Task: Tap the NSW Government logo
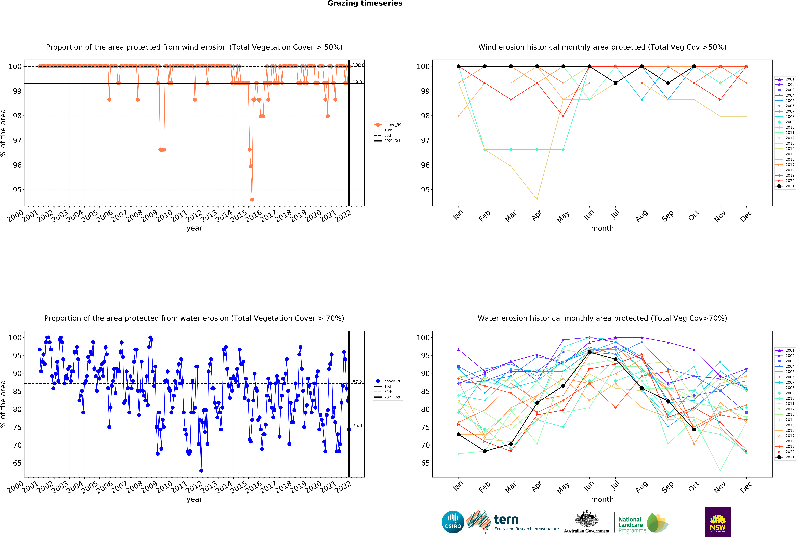(x=718, y=522)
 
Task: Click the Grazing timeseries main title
(x=365, y=3)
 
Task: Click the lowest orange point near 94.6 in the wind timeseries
(x=252, y=199)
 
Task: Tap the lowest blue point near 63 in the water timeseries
(x=201, y=471)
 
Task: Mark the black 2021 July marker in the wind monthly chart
(x=616, y=83)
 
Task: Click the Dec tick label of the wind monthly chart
(x=746, y=216)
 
